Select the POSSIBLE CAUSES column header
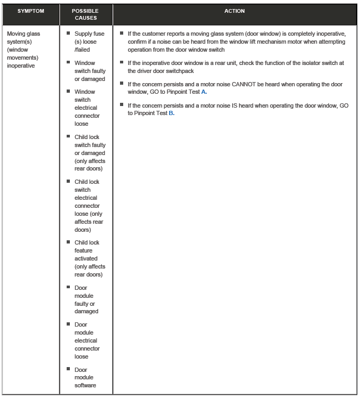(85, 14)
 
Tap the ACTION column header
(235, 11)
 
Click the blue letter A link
(204, 92)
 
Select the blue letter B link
(171, 113)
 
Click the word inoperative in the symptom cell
(20, 66)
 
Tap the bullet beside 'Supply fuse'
(69, 33)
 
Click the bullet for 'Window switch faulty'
(69, 62)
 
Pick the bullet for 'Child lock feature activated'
(69, 242)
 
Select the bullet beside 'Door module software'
(69, 369)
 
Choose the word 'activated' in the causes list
(87, 258)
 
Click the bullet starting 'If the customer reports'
(122, 33)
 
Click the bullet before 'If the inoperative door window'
(122, 62)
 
